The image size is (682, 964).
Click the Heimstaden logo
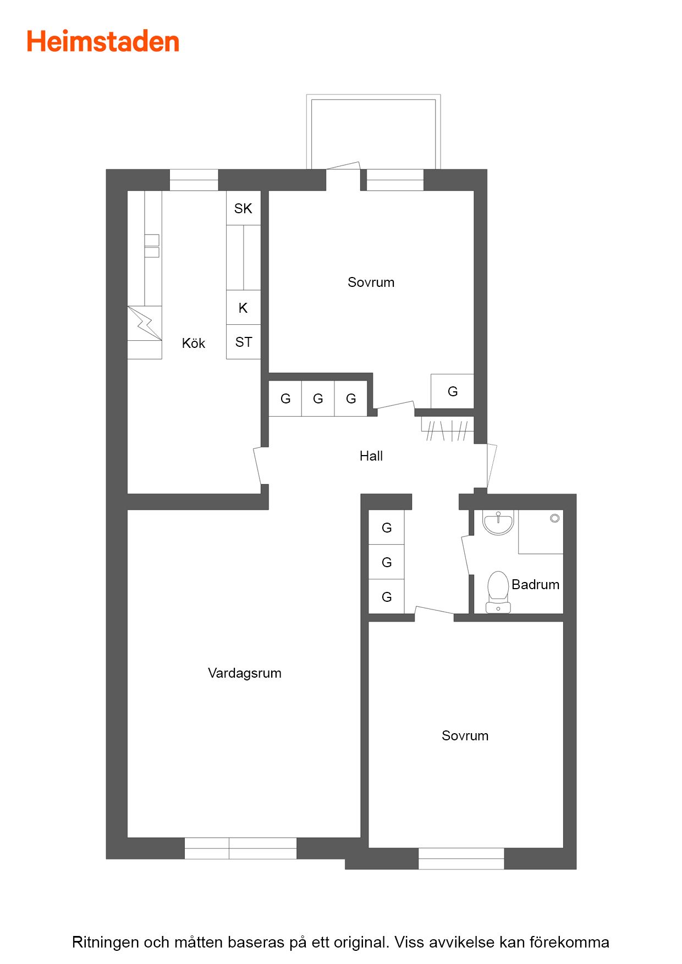click(103, 42)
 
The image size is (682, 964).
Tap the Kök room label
click(194, 344)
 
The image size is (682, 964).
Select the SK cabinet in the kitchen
click(243, 208)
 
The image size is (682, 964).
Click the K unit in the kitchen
click(243, 308)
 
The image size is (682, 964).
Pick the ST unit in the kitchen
click(243, 342)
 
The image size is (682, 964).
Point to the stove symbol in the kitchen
click(145, 323)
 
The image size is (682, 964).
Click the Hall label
click(371, 456)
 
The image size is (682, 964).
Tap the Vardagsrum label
click(245, 673)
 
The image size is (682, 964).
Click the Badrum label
click(536, 584)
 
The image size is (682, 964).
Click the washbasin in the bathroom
click(498, 522)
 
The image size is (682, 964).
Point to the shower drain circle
click(555, 518)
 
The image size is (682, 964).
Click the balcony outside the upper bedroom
click(373, 132)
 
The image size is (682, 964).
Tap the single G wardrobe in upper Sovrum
click(452, 391)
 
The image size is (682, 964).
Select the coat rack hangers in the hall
click(447, 430)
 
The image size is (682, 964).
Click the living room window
click(240, 848)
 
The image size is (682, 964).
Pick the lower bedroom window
click(461, 858)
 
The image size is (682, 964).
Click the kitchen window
click(194, 180)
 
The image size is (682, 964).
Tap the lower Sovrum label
click(465, 736)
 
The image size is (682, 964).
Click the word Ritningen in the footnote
click(106, 942)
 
